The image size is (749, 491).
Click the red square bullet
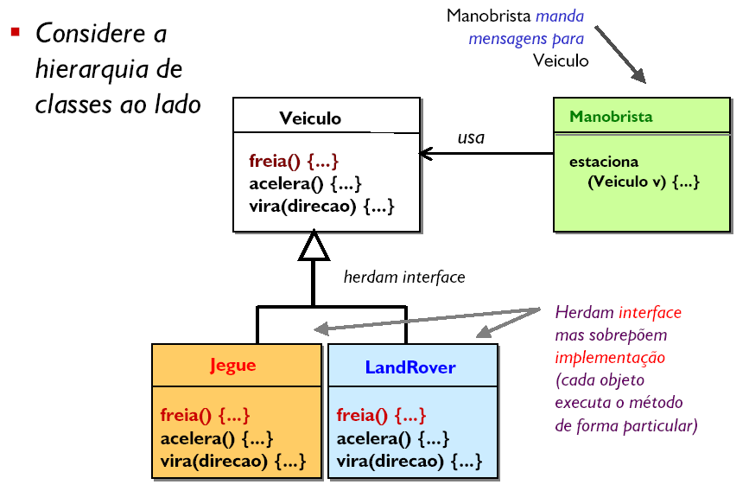click(16, 32)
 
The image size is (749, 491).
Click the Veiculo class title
click(310, 118)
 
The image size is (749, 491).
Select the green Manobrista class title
click(611, 116)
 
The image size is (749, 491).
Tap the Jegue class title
click(233, 366)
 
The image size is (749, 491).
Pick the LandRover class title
click(410, 367)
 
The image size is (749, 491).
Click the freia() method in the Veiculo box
click(274, 161)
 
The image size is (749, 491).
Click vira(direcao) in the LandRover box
click(390, 461)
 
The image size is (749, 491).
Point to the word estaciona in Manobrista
click(604, 162)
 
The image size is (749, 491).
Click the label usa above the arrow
click(471, 137)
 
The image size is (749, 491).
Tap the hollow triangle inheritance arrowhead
click(314, 245)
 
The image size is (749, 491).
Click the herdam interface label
click(404, 277)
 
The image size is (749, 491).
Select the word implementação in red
click(610, 358)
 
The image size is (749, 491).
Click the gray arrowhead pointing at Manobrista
click(638, 76)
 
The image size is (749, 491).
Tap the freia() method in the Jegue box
click(186, 415)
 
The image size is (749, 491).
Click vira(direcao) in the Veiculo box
click(303, 207)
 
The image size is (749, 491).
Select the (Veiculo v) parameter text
click(626, 182)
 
